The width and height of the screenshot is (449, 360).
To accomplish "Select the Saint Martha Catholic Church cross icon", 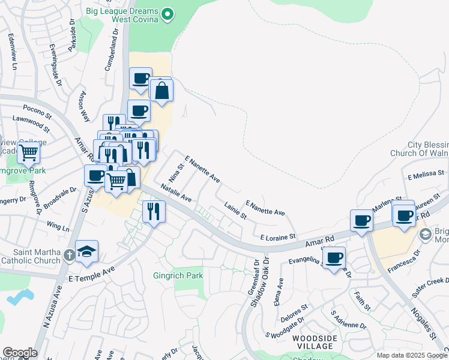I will [70, 254].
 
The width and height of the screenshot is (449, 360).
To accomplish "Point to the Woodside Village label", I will [313, 342].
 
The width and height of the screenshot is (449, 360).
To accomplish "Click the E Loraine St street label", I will [279, 237].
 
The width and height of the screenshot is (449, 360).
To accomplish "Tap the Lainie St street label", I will [236, 211].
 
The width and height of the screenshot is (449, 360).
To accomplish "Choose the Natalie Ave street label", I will [176, 193].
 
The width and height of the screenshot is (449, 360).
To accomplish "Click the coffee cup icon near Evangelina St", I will [334, 258].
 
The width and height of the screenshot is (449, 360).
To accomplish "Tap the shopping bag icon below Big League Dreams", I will [162, 91].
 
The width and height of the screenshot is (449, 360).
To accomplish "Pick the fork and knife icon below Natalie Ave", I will [154, 211].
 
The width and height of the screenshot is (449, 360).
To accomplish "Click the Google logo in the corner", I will [20, 353].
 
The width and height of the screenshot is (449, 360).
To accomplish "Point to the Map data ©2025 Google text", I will [412, 355].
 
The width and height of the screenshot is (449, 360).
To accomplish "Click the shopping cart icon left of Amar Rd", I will [116, 179].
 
